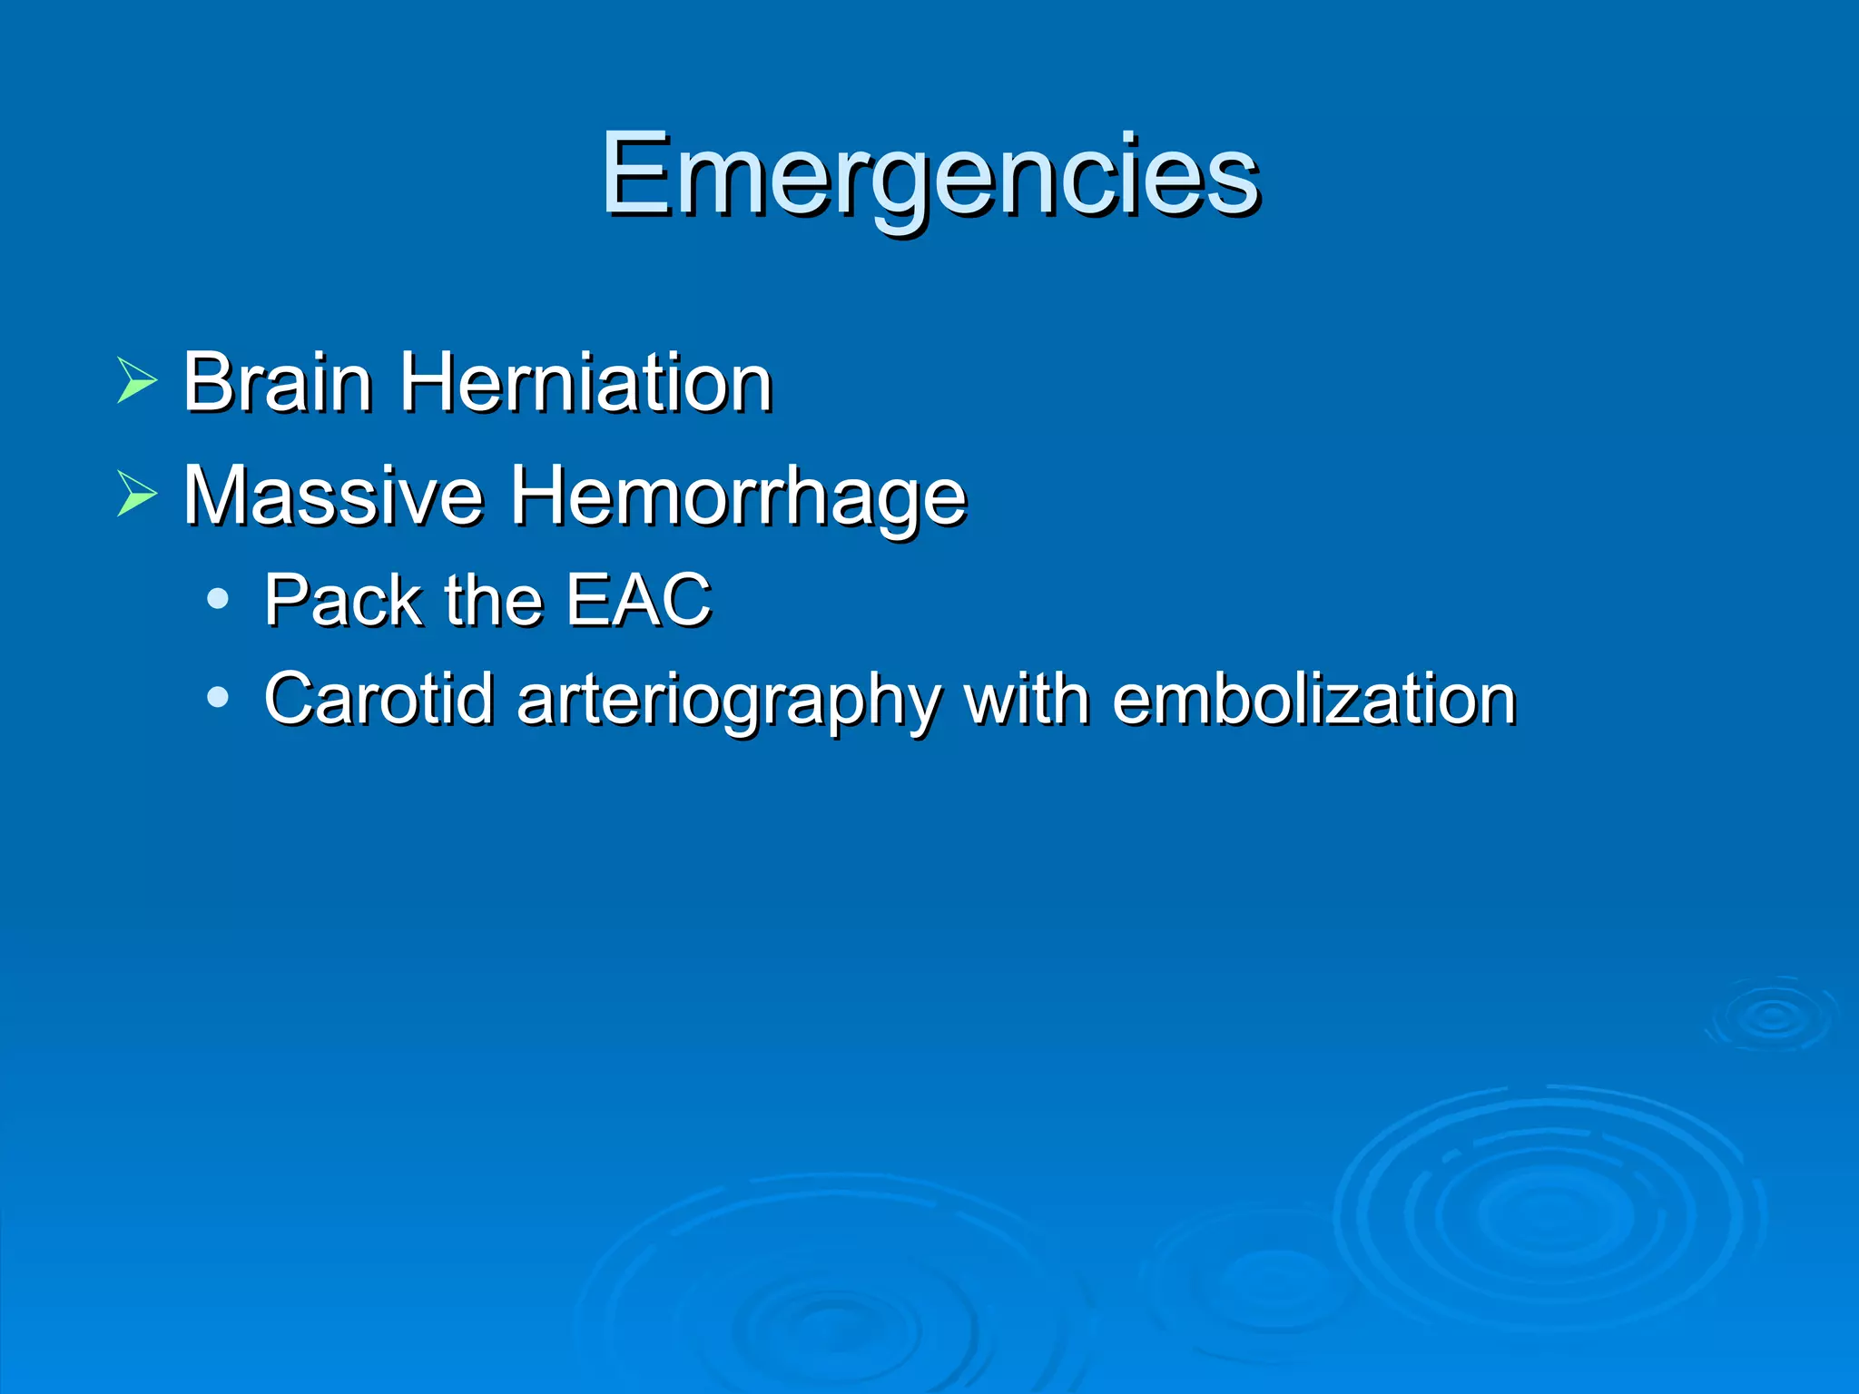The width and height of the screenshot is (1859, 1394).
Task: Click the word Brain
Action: click(277, 382)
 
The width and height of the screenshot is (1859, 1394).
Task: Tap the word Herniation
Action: click(586, 382)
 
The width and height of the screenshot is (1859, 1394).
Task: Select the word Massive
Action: click(332, 496)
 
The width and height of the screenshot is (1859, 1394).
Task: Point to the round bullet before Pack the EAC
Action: click(217, 599)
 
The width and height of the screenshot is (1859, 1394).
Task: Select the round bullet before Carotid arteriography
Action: click(217, 697)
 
